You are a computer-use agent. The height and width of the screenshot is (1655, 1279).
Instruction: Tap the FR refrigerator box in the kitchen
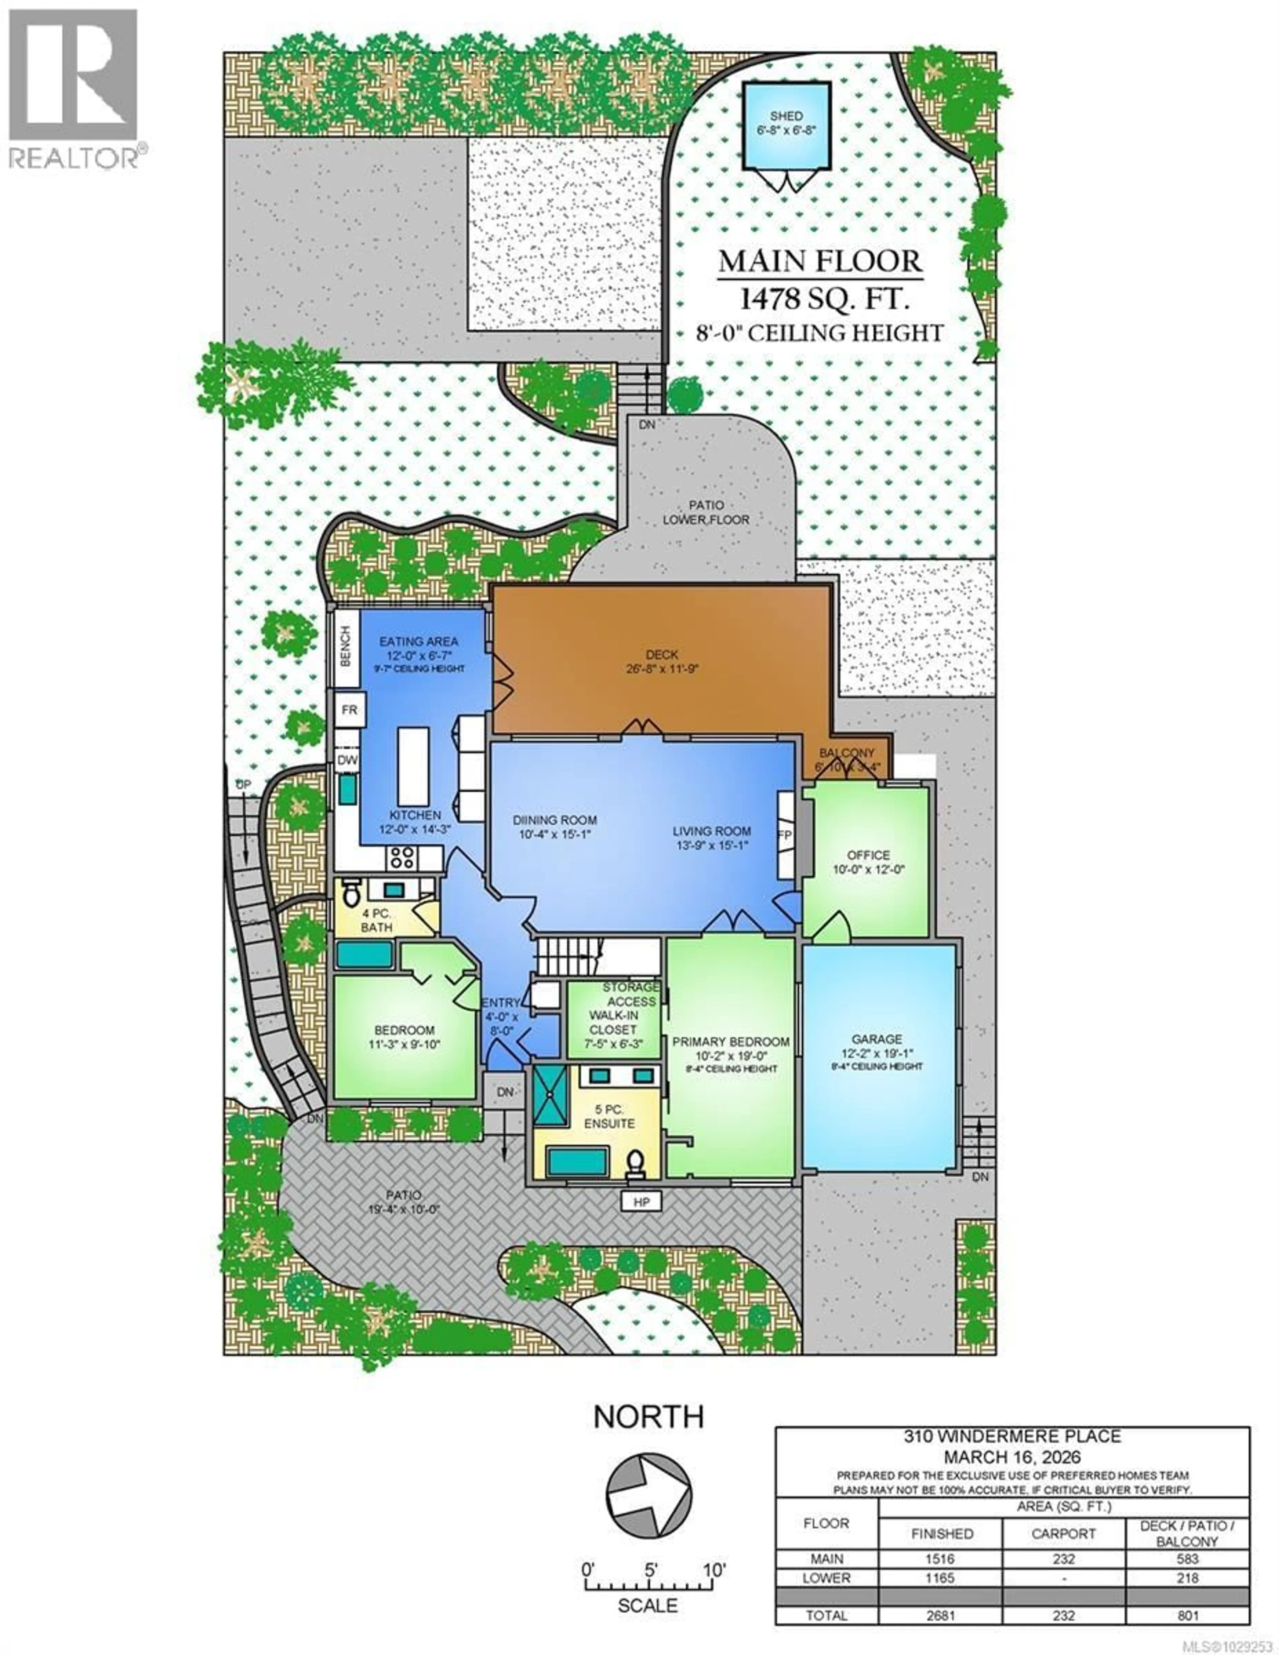pos(349,710)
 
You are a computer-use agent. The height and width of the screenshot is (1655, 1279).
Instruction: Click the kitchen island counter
pos(413,766)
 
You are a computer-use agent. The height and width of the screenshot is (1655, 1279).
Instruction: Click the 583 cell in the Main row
pos(1187,1559)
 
